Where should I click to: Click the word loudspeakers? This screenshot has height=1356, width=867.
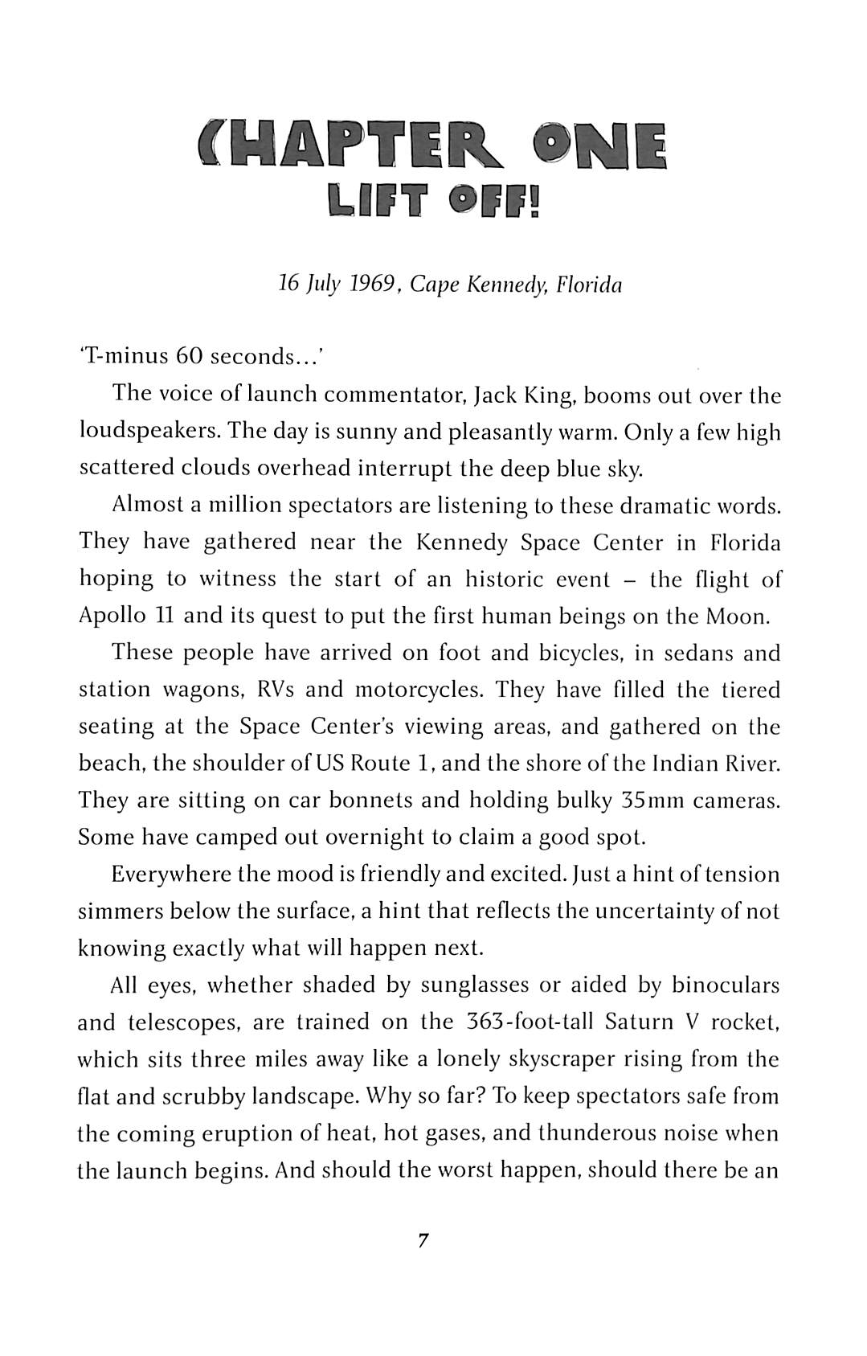click(x=149, y=432)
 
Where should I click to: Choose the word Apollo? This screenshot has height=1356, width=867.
click(x=112, y=617)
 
